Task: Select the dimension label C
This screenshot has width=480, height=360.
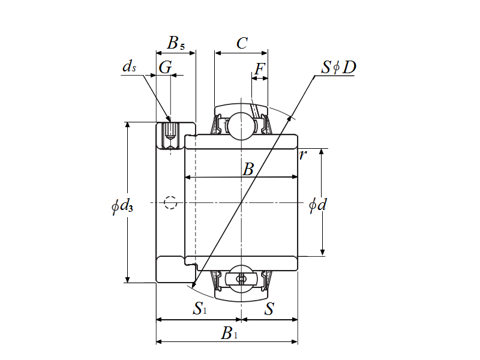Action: (241, 43)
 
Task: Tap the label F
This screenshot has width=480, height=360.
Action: (259, 70)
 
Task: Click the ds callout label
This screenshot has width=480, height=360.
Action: (129, 67)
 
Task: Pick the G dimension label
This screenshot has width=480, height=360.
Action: (165, 67)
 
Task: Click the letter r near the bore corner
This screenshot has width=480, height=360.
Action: (303, 155)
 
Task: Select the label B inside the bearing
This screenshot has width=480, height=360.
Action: (248, 170)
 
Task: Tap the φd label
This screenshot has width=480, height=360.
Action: (317, 205)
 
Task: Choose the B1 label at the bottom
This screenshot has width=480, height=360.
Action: (229, 334)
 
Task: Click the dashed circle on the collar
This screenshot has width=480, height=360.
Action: (171, 203)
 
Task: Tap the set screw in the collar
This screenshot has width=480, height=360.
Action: (170, 135)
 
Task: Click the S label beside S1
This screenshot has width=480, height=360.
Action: (269, 310)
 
